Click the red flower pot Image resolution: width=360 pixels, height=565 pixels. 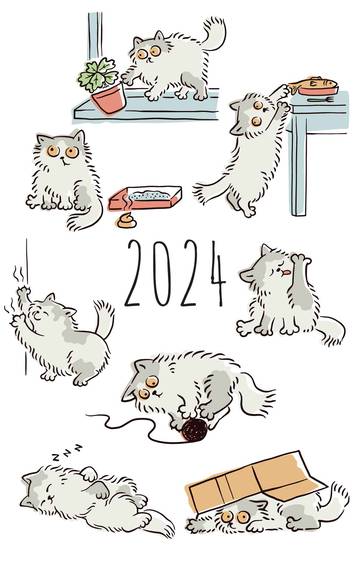108,99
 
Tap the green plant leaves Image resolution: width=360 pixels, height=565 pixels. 98,75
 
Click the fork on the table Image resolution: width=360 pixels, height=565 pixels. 321,100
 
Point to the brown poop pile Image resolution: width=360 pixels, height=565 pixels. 126,221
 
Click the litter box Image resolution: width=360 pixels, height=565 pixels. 145,198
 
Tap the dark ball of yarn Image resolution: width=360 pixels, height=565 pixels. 195,430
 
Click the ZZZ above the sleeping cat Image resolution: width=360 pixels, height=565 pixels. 67,452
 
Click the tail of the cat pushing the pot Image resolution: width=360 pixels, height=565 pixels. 214,33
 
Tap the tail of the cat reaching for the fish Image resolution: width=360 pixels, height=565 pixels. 212,191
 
